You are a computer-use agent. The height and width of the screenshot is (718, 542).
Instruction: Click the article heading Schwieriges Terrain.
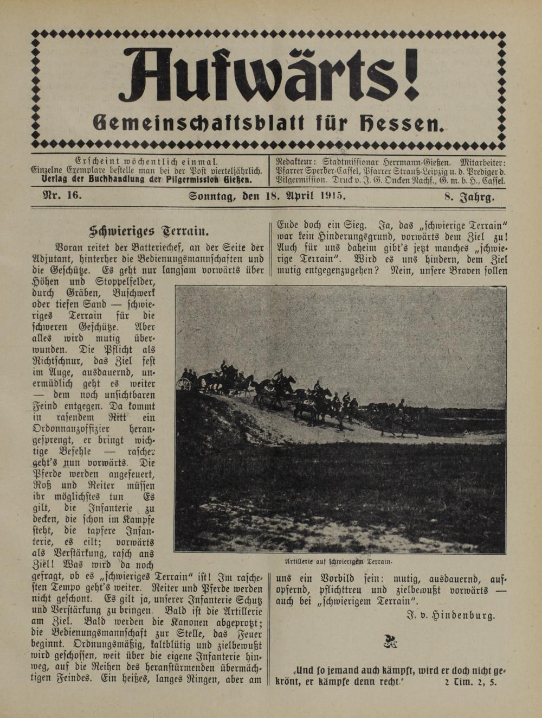(x=149, y=231)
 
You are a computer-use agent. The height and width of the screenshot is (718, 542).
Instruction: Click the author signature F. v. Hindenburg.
(x=450, y=615)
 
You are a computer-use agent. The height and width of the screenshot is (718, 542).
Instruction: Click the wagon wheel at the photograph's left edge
(x=184, y=384)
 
